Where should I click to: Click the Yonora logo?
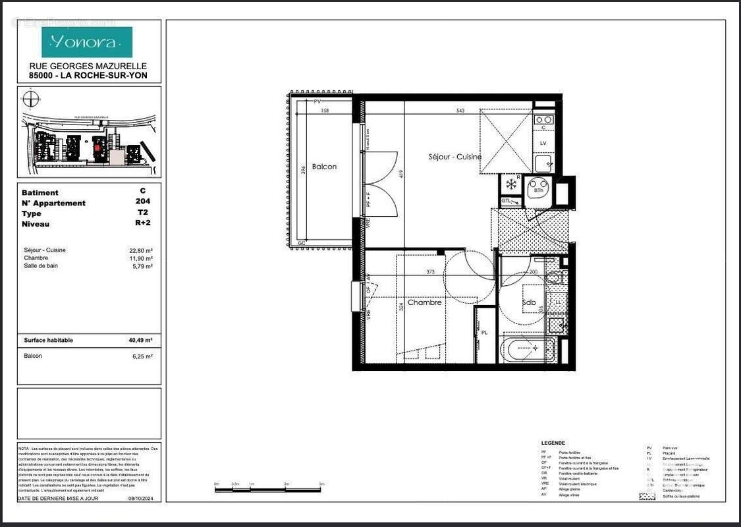click(x=87, y=42)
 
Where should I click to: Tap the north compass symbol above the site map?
click(x=30, y=99)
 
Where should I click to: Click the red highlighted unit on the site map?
click(x=99, y=149)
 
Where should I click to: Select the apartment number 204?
click(x=142, y=202)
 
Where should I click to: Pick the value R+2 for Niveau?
click(x=142, y=223)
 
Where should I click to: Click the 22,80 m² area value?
click(x=141, y=250)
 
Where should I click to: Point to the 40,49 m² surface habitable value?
click(x=140, y=341)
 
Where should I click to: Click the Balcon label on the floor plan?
click(x=324, y=167)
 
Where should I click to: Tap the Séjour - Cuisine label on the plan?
click(x=455, y=157)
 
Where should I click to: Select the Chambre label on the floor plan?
click(x=424, y=302)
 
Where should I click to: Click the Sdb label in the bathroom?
click(x=530, y=303)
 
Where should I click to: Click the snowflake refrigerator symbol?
click(x=510, y=184)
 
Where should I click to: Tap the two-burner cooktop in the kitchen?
click(x=543, y=120)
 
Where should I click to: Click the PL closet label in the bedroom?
click(x=484, y=333)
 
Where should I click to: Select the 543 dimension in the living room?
click(x=460, y=111)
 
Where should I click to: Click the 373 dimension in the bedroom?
click(x=431, y=271)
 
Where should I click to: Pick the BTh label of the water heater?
click(x=539, y=190)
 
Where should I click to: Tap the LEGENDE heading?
click(x=553, y=443)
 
